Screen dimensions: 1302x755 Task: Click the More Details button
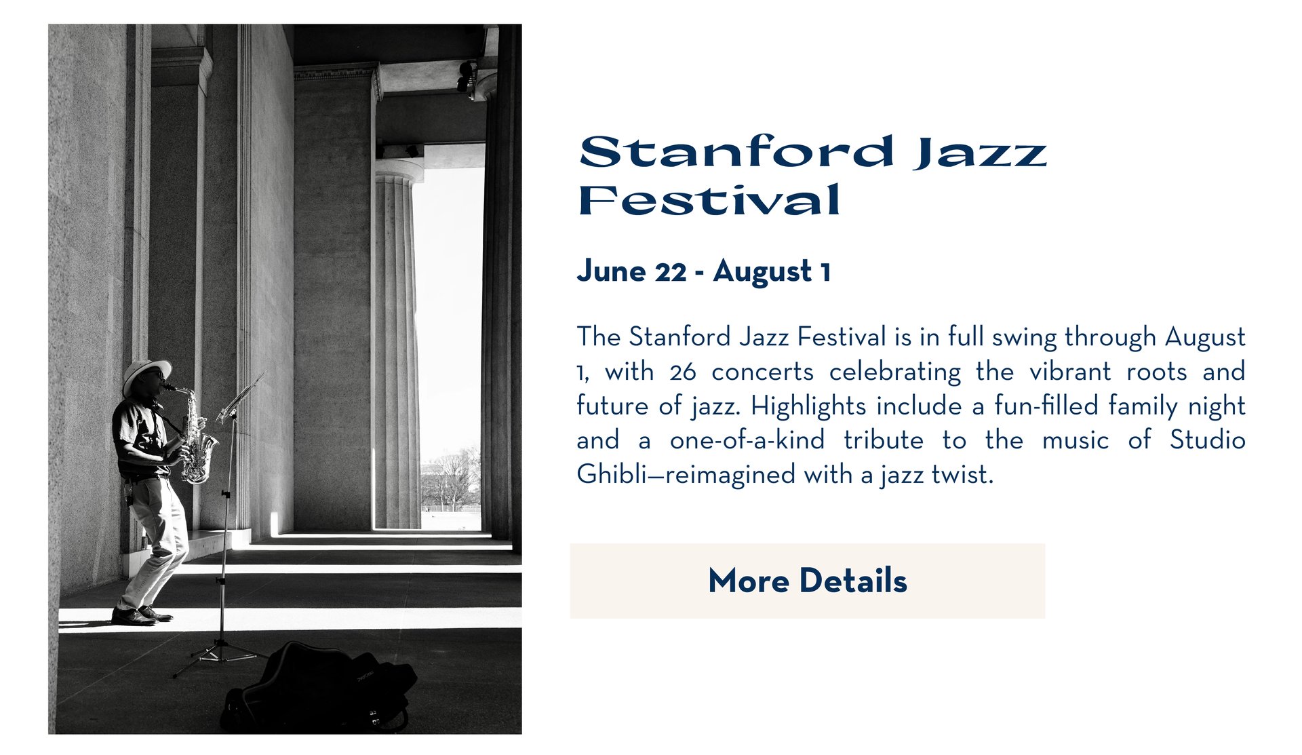click(x=807, y=581)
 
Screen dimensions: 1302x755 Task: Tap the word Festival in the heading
click(x=709, y=199)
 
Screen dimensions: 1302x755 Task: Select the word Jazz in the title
click(x=980, y=153)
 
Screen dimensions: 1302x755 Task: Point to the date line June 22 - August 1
click(x=704, y=271)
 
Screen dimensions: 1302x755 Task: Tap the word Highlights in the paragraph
click(x=808, y=406)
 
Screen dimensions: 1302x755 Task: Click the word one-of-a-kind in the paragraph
click(x=747, y=440)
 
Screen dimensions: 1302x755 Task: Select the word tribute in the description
click(x=884, y=440)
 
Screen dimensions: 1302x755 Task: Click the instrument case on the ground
click(x=319, y=688)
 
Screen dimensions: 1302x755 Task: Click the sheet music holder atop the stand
click(x=239, y=398)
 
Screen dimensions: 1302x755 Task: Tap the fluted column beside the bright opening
click(x=397, y=346)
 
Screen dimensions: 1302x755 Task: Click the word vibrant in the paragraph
click(x=1071, y=372)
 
